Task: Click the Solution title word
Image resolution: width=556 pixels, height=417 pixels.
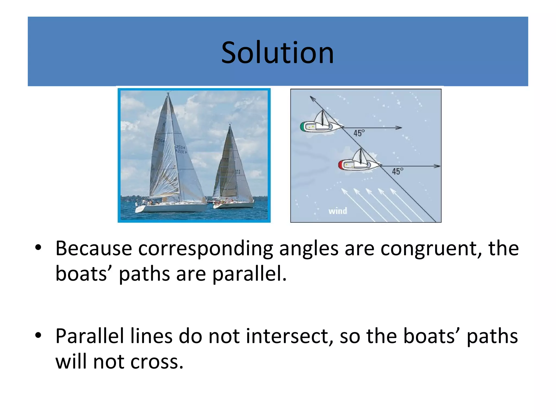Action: click(x=277, y=53)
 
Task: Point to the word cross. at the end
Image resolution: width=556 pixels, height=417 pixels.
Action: click(x=157, y=362)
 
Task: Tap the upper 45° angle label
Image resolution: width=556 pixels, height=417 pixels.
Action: click(x=359, y=133)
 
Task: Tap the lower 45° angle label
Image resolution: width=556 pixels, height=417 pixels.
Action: click(x=397, y=171)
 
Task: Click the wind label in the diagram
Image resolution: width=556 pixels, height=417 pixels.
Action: click(x=337, y=211)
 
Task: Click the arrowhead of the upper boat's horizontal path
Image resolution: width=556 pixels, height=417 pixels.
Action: click(x=399, y=128)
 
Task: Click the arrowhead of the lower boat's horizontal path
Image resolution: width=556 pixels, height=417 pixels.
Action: click(x=437, y=166)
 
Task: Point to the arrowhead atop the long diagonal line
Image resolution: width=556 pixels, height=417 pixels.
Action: click(x=312, y=98)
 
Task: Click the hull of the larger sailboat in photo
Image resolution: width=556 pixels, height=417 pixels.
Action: click(x=171, y=208)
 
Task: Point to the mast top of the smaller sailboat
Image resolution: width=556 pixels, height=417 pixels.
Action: click(x=230, y=125)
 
